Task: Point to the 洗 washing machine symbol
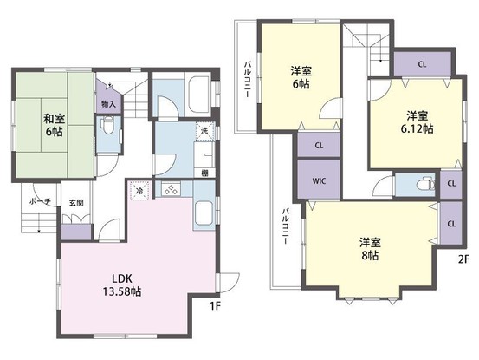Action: [204, 131]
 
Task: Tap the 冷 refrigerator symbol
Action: [139, 191]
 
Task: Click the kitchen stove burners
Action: [170, 191]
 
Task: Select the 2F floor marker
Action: [463, 259]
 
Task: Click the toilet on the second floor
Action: [423, 185]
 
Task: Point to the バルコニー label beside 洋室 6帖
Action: [247, 82]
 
